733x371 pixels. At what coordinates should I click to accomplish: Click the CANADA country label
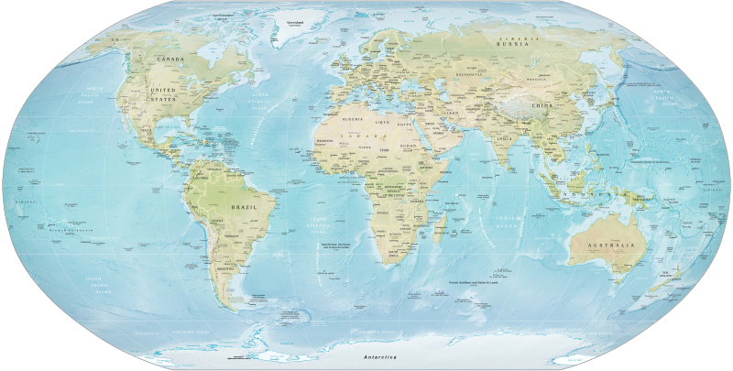click(x=171, y=60)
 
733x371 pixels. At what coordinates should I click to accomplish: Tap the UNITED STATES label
click(x=164, y=93)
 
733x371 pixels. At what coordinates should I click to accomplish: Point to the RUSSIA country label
click(x=511, y=44)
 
